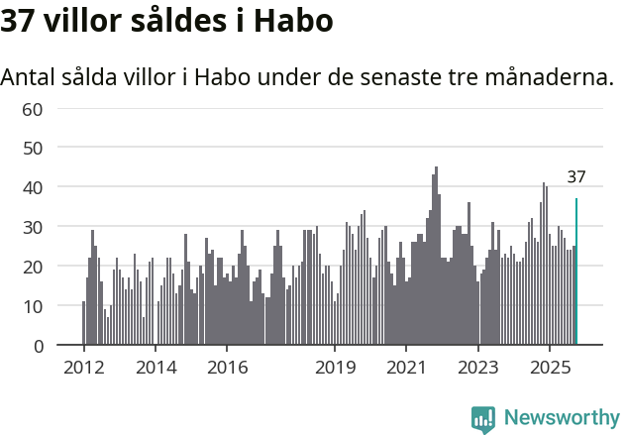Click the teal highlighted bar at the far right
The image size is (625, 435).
pos(576,272)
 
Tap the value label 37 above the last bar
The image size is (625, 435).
pos(576,177)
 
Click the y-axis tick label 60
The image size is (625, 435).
pos(33,108)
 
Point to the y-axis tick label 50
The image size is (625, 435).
pos(33,148)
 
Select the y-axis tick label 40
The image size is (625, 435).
pos(33,187)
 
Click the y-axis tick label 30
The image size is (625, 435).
pos(33,227)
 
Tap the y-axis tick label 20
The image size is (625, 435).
pos(33,267)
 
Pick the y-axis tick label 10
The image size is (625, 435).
pos(33,306)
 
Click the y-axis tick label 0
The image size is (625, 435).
pos(38,346)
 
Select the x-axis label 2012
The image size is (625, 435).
pos(83,369)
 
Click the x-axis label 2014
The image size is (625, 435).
pos(155,369)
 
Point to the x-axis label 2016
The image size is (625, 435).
pos(227,369)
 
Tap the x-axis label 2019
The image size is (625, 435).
pos(335,369)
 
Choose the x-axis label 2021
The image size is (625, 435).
pos(406,369)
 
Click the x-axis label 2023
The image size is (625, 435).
pos(478,369)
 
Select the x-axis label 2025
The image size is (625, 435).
pos(550,369)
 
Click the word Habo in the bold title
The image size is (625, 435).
pos(293,21)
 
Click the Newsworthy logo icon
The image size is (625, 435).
pos(483,419)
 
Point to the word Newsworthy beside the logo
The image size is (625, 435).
pos(561,418)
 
